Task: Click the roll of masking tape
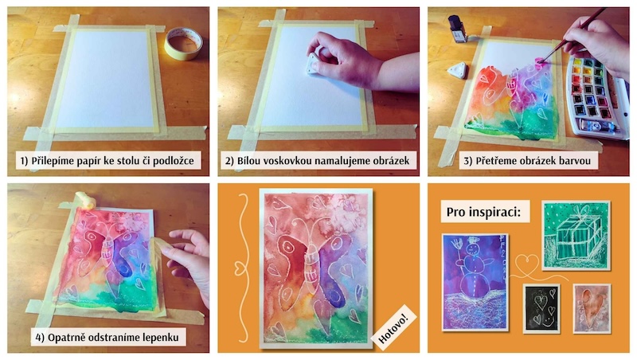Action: click(184, 43)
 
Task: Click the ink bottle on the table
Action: click(458, 29)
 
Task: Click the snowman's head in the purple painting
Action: click(471, 248)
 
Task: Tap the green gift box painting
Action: click(575, 236)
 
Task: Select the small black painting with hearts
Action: click(541, 308)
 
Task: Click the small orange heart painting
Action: click(592, 308)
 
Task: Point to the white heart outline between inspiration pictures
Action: click(527, 263)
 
